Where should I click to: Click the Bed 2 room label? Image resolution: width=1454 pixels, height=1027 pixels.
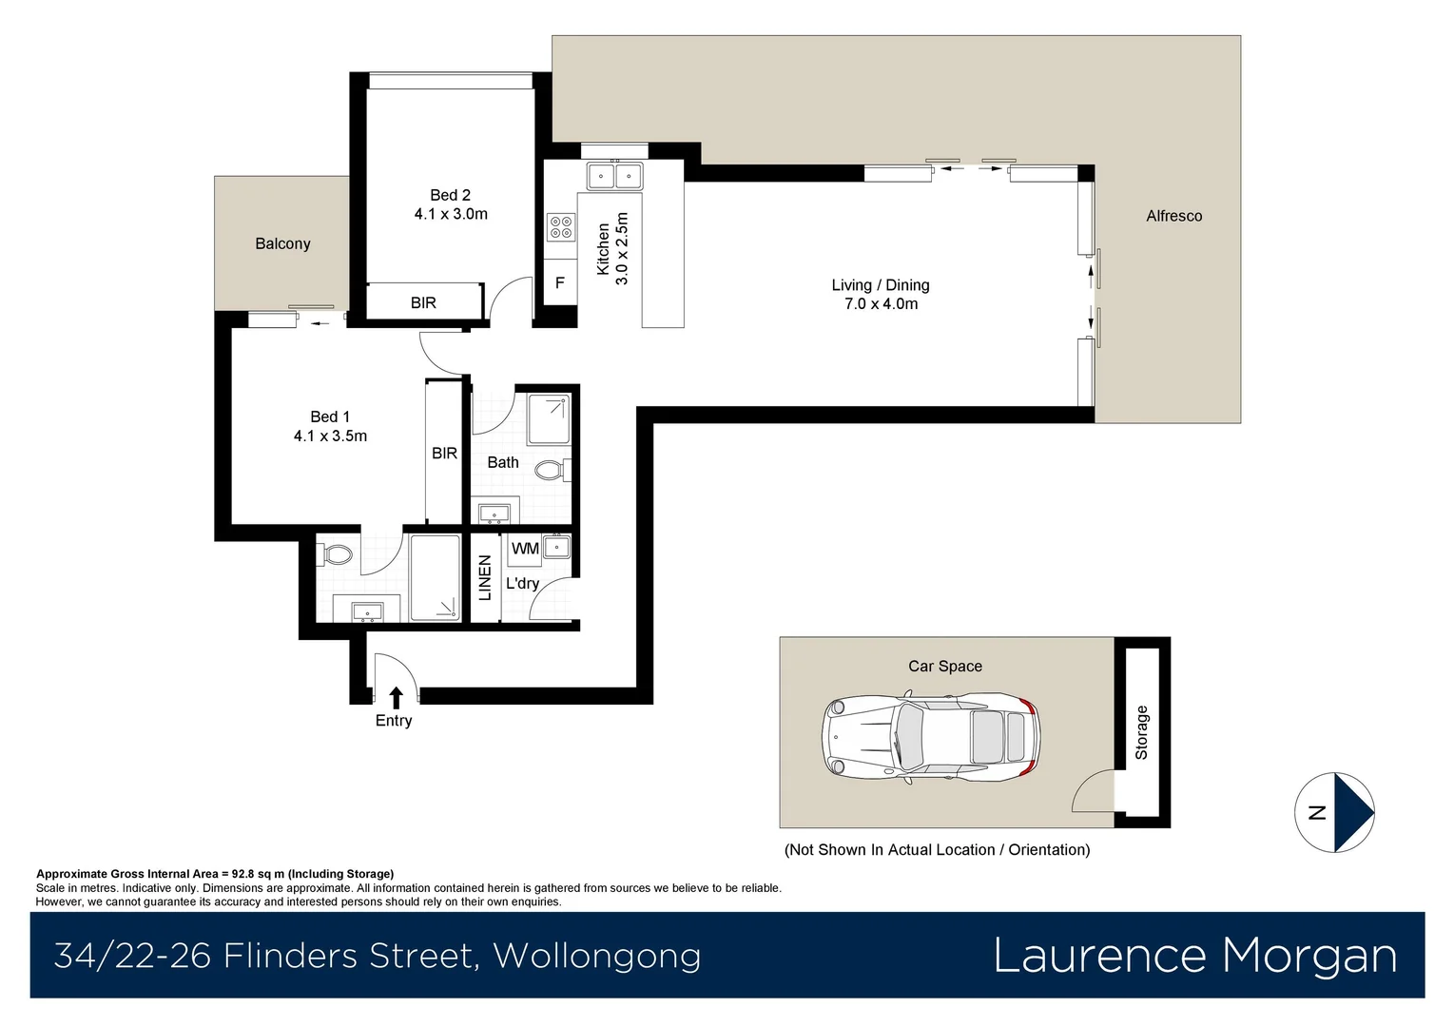coord(450,195)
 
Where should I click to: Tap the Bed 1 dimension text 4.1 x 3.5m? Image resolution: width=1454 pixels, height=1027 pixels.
coord(330,436)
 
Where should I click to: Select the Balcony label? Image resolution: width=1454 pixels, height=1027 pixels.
coord(282,243)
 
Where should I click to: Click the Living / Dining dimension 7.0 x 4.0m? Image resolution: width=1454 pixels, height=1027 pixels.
coord(881,304)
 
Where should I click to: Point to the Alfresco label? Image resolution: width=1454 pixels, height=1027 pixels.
coord(1173,216)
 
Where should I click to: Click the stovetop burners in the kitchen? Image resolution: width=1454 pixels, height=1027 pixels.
coord(560,226)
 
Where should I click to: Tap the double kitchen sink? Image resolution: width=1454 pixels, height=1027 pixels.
coord(614,176)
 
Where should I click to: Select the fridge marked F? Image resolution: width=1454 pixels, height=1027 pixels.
coord(559,282)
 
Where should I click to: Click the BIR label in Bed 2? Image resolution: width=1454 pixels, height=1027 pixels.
coord(423,302)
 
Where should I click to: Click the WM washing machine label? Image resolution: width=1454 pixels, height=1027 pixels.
coord(525,549)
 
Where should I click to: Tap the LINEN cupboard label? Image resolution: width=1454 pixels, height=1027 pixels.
coord(485,578)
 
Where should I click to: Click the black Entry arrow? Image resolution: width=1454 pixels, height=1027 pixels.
coord(396,697)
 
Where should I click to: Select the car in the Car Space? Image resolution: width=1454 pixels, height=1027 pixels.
coord(930,738)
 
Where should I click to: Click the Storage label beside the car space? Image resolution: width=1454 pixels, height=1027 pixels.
coord(1141,732)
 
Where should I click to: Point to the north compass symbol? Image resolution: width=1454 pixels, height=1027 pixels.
coord(1335,812)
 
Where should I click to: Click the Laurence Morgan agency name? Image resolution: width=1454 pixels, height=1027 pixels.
coord(1194,955)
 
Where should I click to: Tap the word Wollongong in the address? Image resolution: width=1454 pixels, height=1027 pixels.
coord(597,956)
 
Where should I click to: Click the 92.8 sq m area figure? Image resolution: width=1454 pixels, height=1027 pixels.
coord(258,874)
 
